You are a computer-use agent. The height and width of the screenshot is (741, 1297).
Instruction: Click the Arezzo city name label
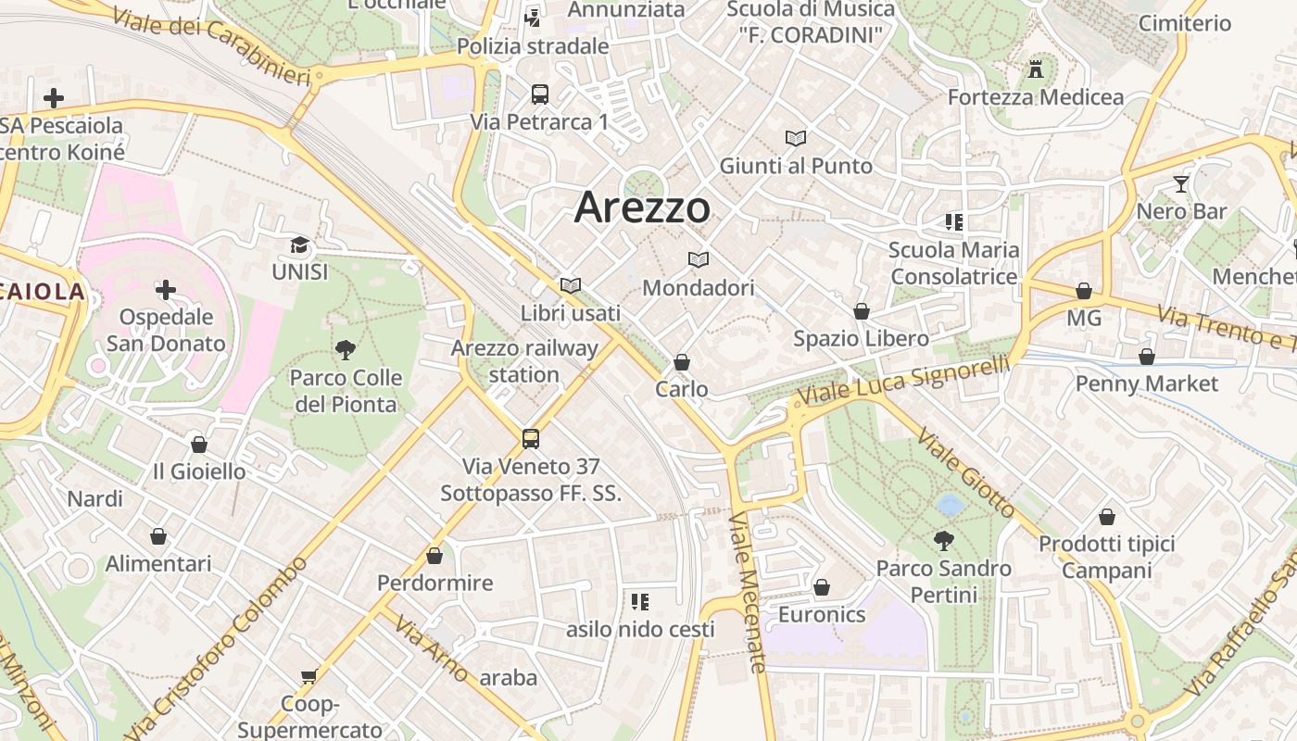click(x=642, y=207)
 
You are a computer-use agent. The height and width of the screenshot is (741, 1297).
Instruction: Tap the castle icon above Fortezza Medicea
click(x=1036, y=69)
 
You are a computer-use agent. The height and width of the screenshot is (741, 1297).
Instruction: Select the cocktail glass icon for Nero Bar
click(x=1180, y=184)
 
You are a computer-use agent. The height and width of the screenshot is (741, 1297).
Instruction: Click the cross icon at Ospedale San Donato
click(x=166, y=290)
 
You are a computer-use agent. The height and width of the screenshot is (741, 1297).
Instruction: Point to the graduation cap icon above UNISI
click(x=299, y=245)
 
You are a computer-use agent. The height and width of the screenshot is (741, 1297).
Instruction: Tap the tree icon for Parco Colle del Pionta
click(x=346, y=350)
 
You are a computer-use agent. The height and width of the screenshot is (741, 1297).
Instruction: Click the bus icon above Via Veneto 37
click(x=531, y=439)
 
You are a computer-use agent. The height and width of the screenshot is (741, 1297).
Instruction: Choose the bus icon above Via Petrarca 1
click(x=539, y=94)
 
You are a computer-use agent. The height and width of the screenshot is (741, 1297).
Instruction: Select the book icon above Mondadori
click(x=699, y=260)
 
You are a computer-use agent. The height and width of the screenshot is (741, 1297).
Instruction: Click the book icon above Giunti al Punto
click(x=796, y=138)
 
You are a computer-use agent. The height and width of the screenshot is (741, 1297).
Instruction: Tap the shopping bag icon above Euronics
click(x=822, y=587)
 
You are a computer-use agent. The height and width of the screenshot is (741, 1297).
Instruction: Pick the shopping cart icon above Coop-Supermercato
click(x=309, y=677)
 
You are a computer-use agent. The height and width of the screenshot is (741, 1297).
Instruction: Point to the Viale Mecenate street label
click(x=749, y=593)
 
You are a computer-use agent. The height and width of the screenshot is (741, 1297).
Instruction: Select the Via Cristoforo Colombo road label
click(x=217, y=648)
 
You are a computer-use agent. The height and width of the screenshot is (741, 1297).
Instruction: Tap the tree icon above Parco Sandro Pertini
click(x=944, y=540)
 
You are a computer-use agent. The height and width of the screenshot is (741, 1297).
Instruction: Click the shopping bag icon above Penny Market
click(x=1147, y=357)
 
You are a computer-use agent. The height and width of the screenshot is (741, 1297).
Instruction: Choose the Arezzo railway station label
click(x=524, y=361)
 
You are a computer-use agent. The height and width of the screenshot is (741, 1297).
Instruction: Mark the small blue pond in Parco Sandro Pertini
click(x=950, y=505)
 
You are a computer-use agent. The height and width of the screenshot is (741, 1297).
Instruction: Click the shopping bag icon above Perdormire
click(x=434, y=556)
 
